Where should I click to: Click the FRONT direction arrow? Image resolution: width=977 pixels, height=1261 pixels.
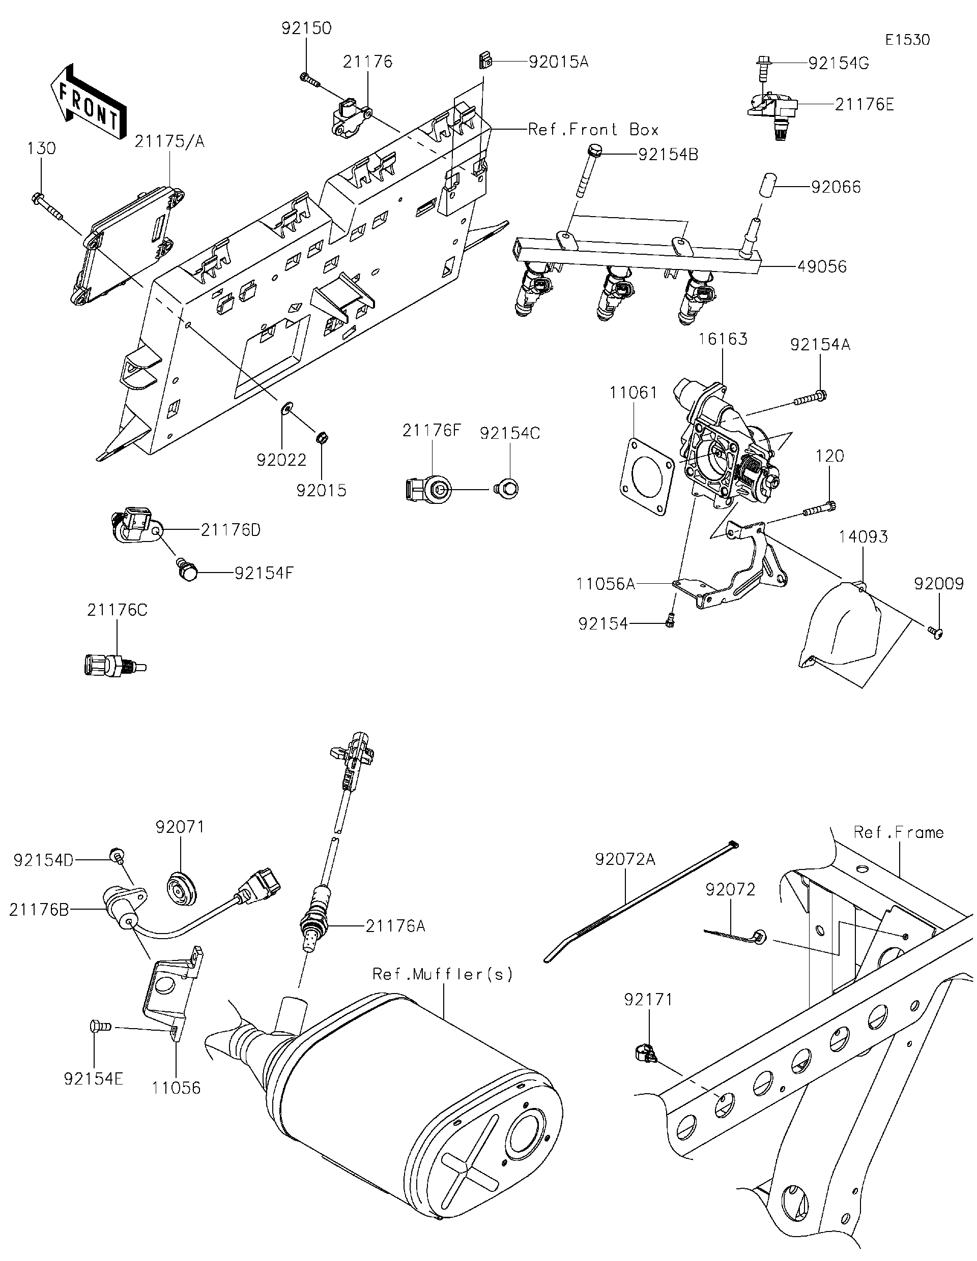(88, 102)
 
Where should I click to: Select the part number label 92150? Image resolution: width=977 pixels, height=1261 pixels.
(306, 28)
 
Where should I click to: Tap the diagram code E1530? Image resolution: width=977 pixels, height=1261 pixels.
(908, 40)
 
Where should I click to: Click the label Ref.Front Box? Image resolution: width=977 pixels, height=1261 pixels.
(593, 129)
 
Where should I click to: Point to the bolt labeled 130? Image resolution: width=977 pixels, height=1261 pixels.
(46, 206)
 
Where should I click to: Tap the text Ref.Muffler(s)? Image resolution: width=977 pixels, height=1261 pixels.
(443, 975)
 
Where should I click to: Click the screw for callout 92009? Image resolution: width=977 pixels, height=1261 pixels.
(935, 634)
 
